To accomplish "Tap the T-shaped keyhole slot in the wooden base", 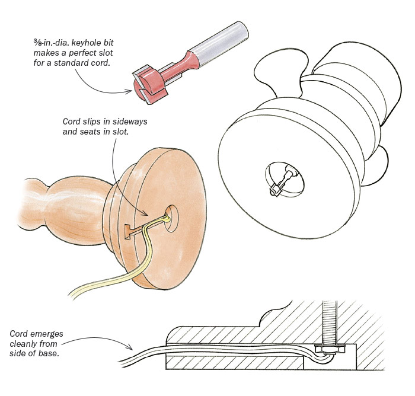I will click(130, 231).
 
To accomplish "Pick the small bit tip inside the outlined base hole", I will click(276, 190).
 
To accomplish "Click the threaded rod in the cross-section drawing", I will click(328, 320).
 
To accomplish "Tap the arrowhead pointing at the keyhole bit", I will click(134, 91).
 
